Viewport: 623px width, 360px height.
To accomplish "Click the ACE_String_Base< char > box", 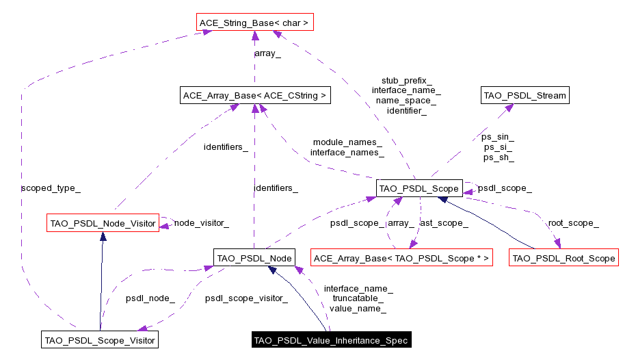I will (254, 23).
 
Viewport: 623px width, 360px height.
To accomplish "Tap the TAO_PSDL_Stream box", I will (525, 96).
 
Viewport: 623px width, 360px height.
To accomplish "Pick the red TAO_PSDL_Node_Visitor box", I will (103, 223).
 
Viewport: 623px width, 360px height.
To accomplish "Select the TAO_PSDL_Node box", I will (254, 258).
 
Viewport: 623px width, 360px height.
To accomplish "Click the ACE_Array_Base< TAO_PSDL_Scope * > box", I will (401, 258).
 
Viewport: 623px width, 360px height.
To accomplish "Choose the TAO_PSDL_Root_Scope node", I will (564, 258).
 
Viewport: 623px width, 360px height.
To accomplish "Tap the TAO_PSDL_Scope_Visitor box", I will (100, 339).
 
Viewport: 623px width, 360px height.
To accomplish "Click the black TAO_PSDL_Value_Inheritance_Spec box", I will (330, 340).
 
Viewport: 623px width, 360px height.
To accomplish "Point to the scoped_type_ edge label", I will (46, 187).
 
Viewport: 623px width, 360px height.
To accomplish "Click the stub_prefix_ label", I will (406, 80).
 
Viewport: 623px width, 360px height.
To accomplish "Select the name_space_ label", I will (406, 100).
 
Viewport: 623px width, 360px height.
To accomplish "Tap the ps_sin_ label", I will (498, 137).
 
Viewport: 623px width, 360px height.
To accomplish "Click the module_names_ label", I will (347, 142).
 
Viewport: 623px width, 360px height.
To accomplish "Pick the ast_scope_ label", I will (444, 223).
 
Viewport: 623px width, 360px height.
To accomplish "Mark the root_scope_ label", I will (573, 223).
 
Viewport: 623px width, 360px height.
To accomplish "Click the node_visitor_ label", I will (201, 223).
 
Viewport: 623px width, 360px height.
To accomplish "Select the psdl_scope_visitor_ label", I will (246, 298).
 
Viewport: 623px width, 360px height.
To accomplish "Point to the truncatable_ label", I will (358, 298).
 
